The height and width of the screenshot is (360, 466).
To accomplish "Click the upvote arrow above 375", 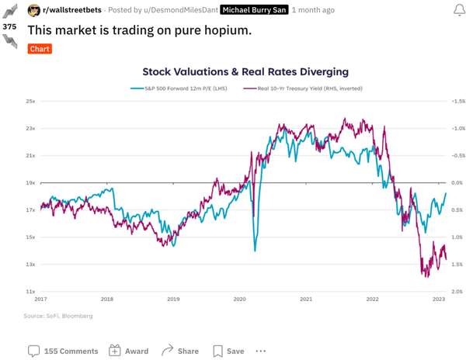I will coord(10,12).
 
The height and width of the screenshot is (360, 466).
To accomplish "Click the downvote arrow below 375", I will coord(10,41).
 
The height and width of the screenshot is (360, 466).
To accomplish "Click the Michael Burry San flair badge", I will coord(253,10).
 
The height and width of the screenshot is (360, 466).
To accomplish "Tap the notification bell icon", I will coord(458,10).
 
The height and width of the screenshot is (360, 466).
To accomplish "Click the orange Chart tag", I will coord(40,49).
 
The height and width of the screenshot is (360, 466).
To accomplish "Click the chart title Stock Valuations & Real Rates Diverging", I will coord(245,71).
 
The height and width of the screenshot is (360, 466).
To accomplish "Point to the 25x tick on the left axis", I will coord(30,102).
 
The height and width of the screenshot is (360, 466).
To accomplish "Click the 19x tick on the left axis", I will coord(30,183).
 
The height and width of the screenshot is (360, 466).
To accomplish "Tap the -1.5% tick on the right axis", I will coord(457,102).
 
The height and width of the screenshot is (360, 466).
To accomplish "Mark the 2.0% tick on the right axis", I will coord(457,292).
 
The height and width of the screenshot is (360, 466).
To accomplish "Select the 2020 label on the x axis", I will coord(240,299).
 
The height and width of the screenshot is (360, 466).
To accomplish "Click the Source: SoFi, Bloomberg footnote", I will coord(58,316).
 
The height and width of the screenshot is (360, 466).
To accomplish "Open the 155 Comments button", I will coord(63,351).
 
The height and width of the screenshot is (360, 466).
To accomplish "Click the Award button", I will coord(128,351).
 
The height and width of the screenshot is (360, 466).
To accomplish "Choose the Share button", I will coord(179,351).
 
